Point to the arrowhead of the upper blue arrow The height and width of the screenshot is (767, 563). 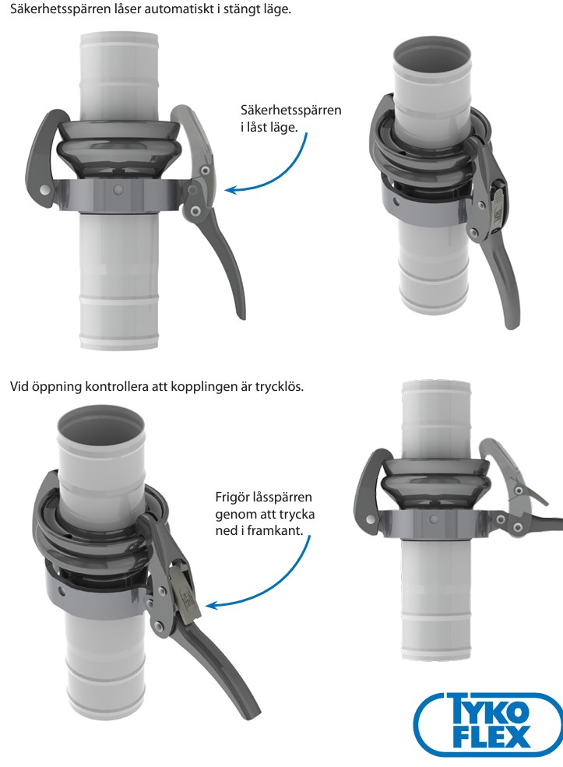227,188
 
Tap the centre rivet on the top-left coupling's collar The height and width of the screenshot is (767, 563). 117,189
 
